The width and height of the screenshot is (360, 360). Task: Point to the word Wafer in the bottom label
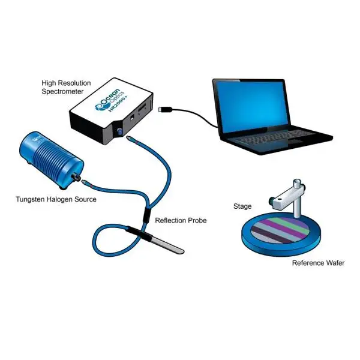point(334,263)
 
